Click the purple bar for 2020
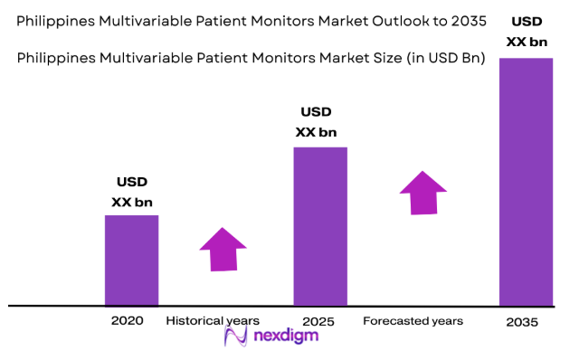tap(131, 261)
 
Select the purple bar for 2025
tap(320, 226)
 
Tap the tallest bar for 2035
tap(526, 181)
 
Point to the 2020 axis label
tap(127, 321)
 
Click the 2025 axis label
tap(318, 321)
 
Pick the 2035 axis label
tap(522, 322)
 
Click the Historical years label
tap(213, 321)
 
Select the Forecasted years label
tap(413, 321)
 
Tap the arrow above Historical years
tap(223, 249)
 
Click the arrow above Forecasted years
tap(422, 193)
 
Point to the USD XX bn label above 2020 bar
tap(131, 191)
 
